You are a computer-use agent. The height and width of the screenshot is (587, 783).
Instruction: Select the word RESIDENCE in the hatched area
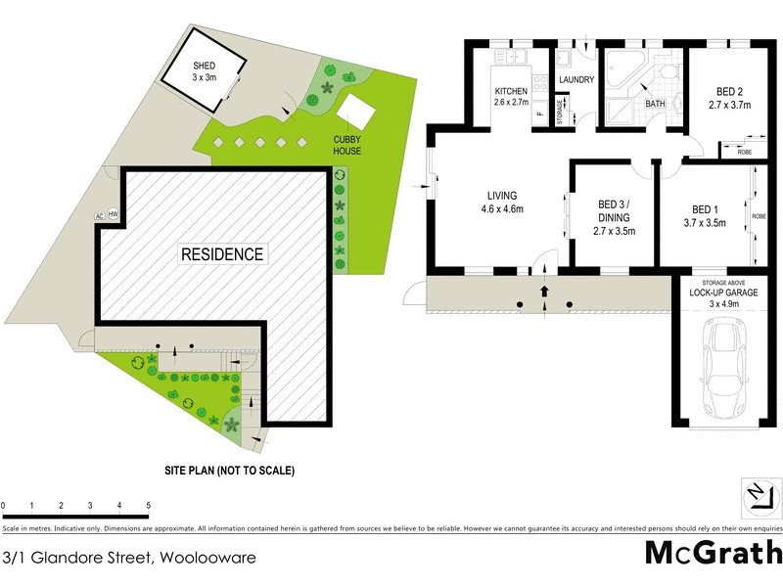click(222, 254)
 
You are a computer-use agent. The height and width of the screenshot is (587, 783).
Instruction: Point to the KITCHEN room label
click(511, 95)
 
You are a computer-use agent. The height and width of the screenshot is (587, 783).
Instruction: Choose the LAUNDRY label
click(576, 80)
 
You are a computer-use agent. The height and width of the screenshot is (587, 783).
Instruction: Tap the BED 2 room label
click(729, 95)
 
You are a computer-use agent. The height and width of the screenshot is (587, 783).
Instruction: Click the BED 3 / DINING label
click(615, 218)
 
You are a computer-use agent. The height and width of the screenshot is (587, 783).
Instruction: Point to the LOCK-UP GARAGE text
click(722, 292)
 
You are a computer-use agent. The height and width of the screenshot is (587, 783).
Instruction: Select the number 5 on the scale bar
click(149, 506)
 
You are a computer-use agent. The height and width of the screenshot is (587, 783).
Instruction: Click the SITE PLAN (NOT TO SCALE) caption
click(229, 470)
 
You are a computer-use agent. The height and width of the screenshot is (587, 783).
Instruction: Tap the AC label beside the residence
click(99, 215)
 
